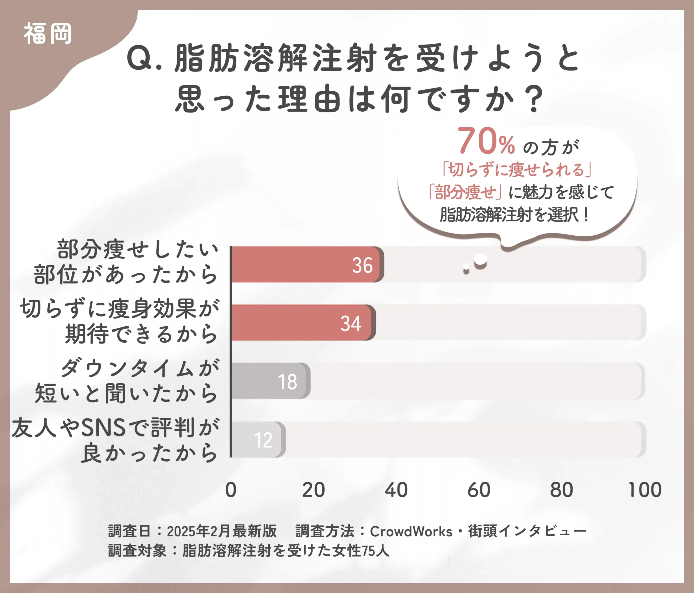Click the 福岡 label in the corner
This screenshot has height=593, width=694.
pyautogui.click(x=47, y=34)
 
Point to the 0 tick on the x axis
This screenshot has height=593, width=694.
pyautogui.click(x=231, y=490)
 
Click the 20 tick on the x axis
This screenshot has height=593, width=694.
pyautogui.click(x=313, y=490)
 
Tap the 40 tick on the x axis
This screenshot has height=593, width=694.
pyautogui.click(x=396, y=490)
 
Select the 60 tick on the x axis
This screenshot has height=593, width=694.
pyautogui.click(x=479, y=490)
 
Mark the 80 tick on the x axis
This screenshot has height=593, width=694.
pyautogui.click(x=562, y=490)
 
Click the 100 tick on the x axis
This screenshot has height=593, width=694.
pyautogui.click(x=645, y=490)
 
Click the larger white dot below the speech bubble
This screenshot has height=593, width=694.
pyautogui.click(x=480, y=260)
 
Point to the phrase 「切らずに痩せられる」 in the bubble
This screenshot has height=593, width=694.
pyautogui.click(x=516, y=169)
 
